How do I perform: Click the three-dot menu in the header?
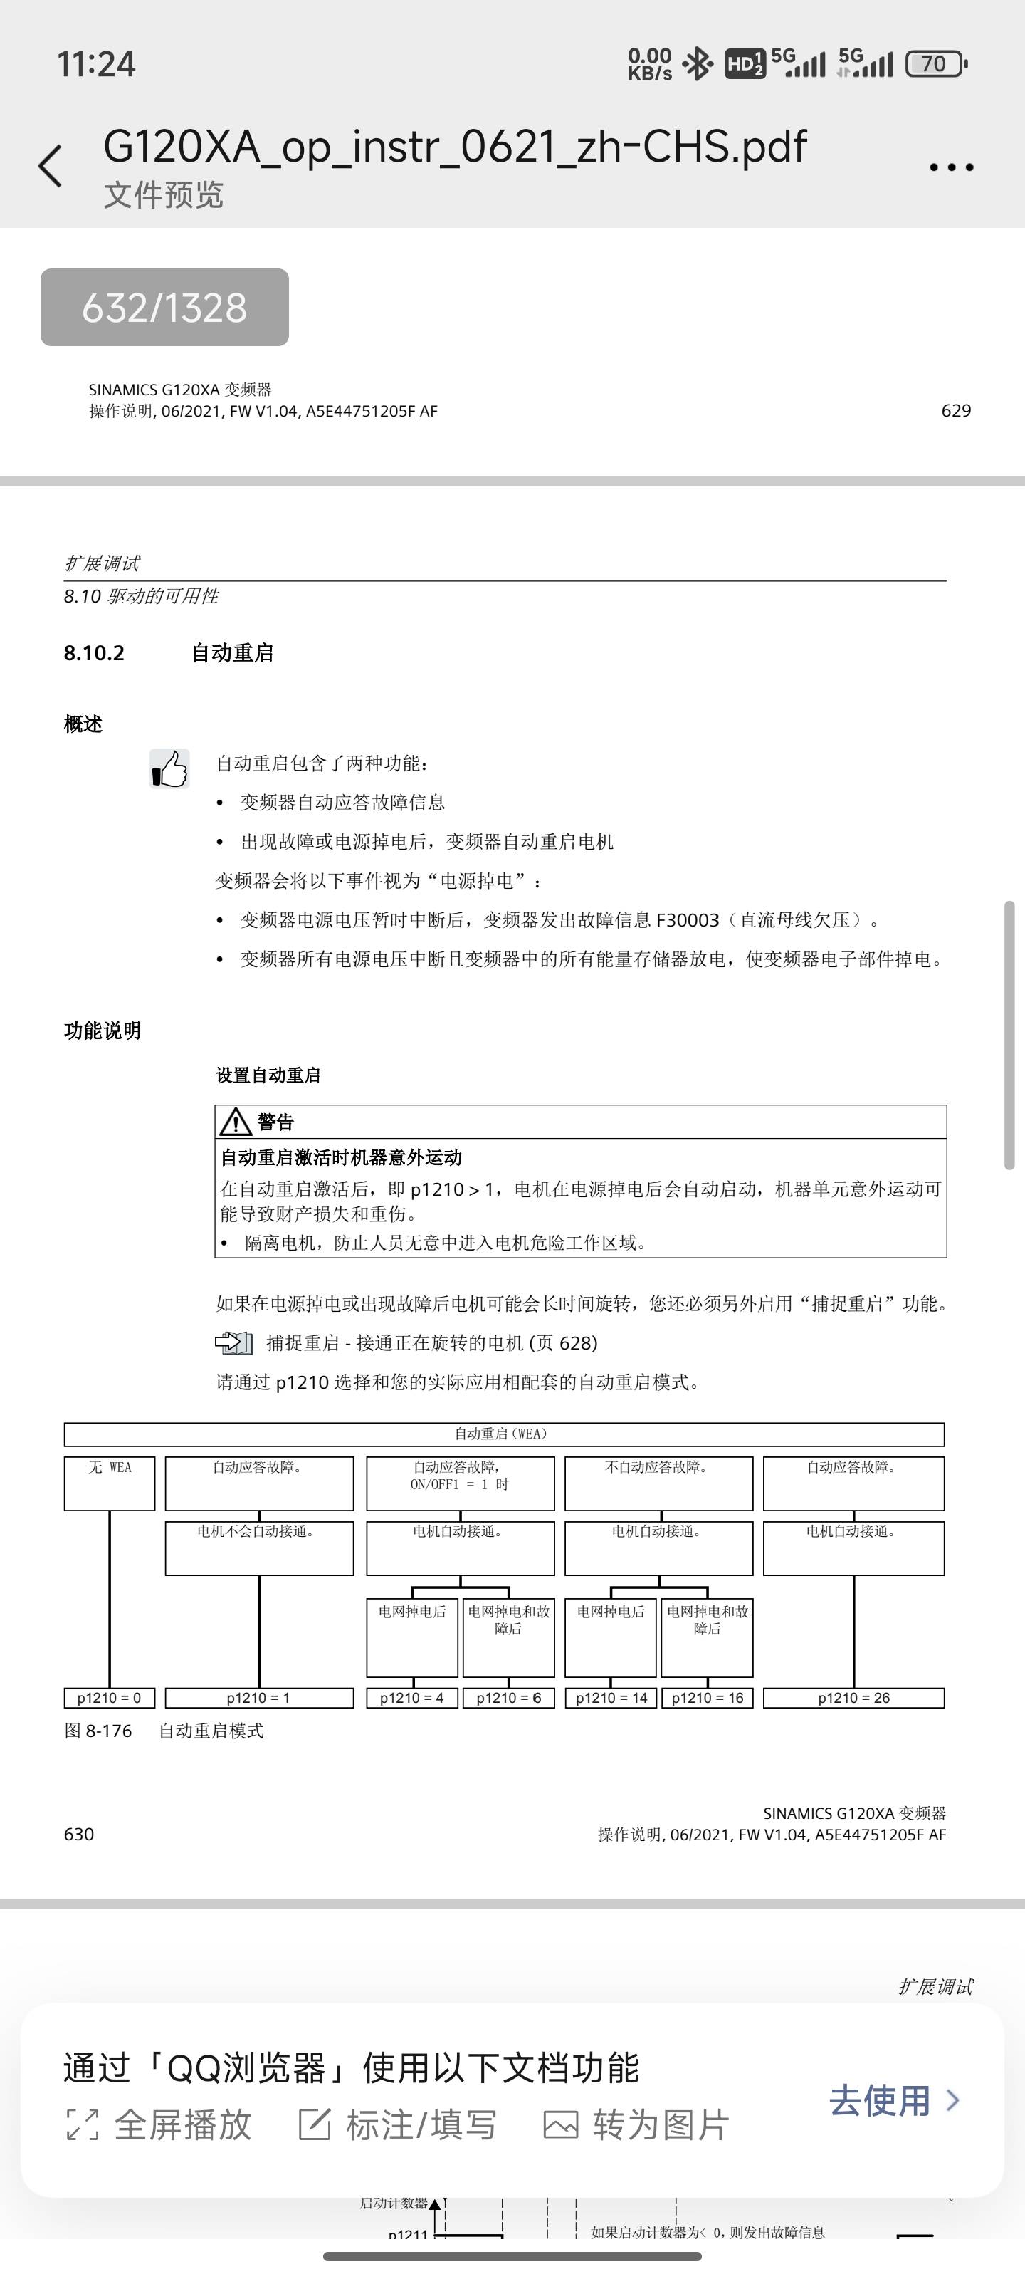(x=951, y=167)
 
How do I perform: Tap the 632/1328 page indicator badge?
(x=164, y=308)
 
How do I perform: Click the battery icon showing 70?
(x=936, y=63)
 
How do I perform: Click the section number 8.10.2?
(x=94, y=653)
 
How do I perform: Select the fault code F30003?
(x=687, y=920)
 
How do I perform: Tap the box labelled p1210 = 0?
(x=109, y=1698)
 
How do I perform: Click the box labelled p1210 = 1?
(x=258, y=1698)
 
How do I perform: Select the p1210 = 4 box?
(x=411, y=1698)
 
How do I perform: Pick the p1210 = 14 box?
(x=611, y=1698)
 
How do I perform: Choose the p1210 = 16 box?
(x=707, y=1698)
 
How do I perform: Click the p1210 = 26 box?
(x=853, y=1698)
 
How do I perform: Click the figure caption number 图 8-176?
(x=98, y=1731)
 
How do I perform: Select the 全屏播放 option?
(x=159, y=2124)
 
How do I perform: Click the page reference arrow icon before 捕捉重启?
(x=234, y=1343)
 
